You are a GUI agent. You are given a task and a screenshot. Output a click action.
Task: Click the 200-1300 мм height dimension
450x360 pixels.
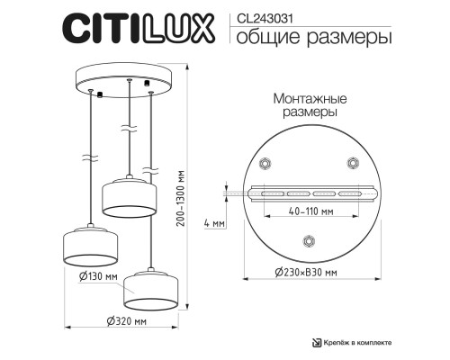182,199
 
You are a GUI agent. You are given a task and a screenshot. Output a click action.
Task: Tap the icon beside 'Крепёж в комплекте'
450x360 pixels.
316,343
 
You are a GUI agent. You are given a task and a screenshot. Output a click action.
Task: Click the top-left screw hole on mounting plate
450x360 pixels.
265,164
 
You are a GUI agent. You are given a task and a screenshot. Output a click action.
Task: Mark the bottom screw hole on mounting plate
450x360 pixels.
308,239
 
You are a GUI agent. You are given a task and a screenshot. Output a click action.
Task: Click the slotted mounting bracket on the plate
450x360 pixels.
308,193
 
